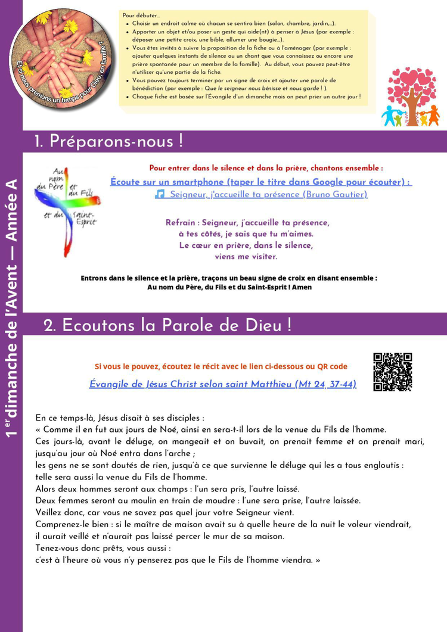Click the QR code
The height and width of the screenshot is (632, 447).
point(392,372)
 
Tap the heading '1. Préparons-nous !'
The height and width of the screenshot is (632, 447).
point(108,142)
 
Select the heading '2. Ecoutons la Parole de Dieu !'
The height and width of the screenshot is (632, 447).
point(167,325)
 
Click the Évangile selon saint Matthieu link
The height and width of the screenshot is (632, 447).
point(223,384)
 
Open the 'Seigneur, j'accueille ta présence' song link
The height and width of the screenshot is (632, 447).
point(268,194)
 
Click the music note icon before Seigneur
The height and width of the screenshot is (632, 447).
point(160,194)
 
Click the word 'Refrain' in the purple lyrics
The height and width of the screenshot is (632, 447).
point(179,223)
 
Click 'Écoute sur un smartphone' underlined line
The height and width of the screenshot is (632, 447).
point(260,182)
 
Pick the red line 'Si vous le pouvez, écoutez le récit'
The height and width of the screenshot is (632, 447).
point(221,366)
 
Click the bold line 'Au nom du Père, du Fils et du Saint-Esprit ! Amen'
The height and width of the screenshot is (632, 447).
point(229,287)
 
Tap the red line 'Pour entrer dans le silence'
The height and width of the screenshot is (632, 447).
point(266,169)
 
